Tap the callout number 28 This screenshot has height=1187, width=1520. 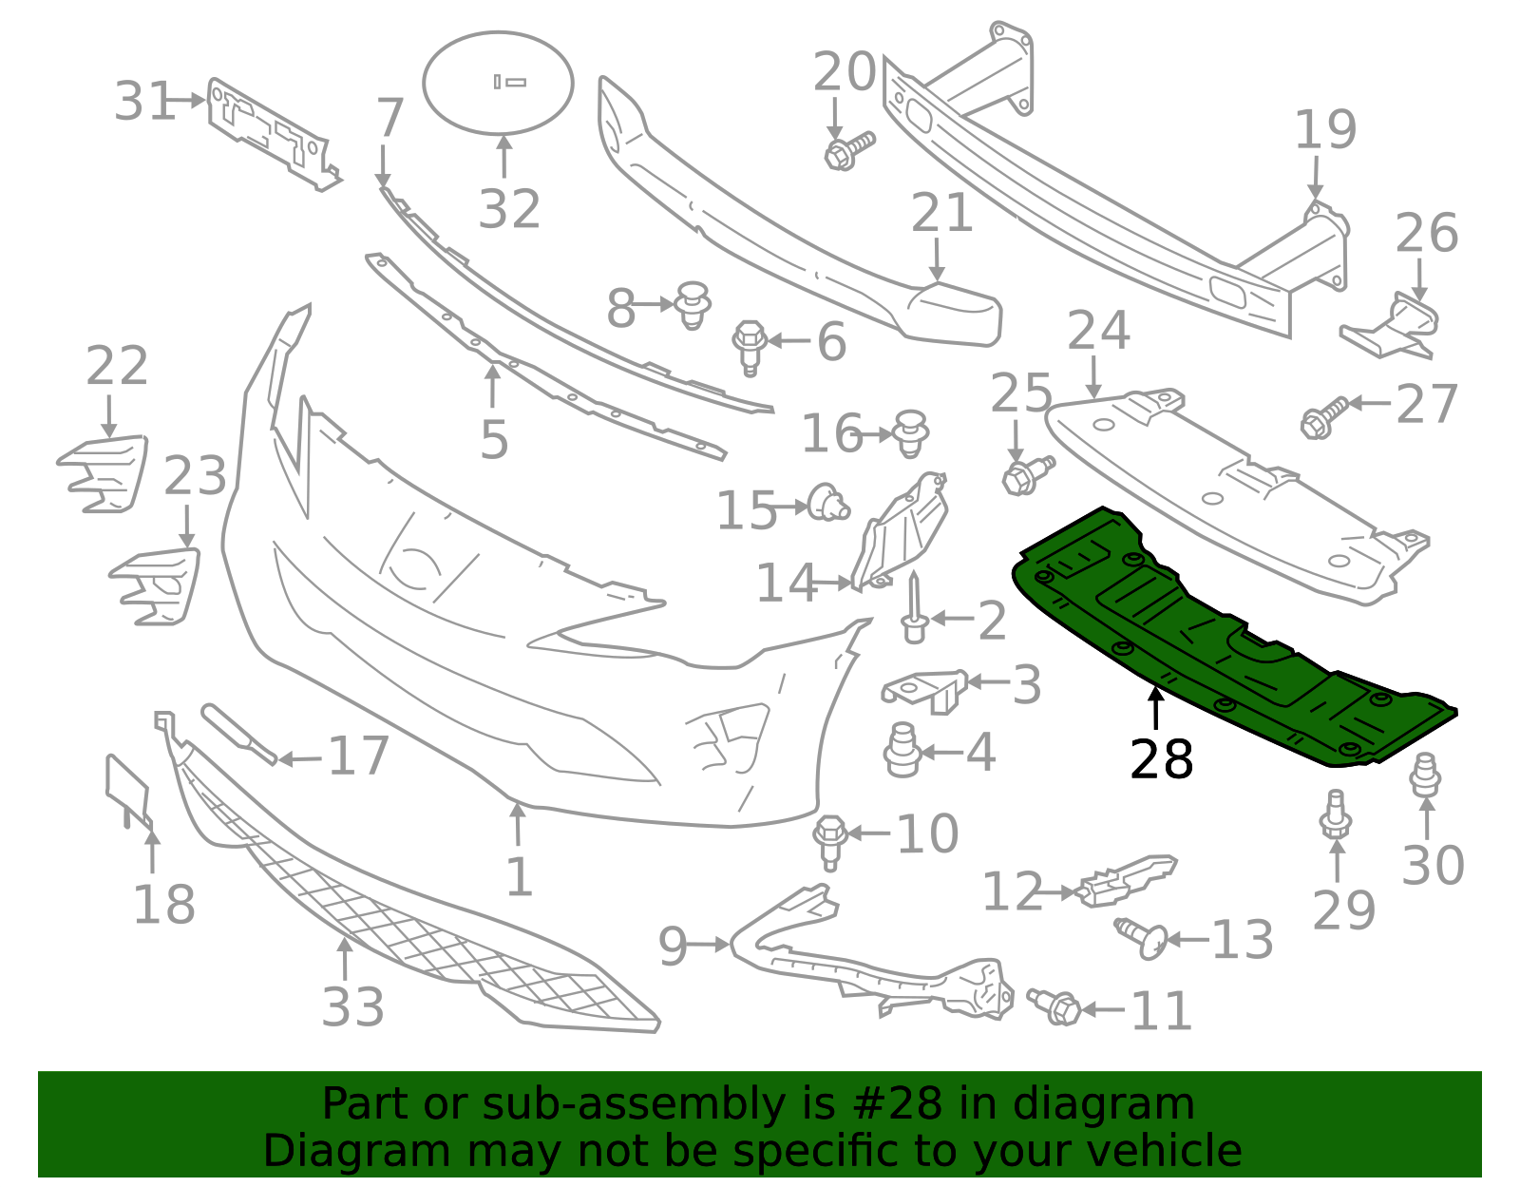(x=1161, y=760)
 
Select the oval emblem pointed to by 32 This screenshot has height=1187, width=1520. (x=498, y=83)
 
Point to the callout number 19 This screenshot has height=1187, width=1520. (x=1325, y=130)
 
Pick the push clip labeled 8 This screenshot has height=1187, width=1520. (x=693, y=304)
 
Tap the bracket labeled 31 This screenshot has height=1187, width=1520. (x=271, y=133)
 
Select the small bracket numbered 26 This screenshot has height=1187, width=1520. (x=1393, y=328)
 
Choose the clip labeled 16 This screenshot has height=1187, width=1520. (x=911, y=433)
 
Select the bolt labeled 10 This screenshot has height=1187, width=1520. (x=830, y=840)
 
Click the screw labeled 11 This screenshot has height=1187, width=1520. (x=1054, y=1005)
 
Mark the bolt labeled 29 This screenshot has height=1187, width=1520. (x=1336, y=815)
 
